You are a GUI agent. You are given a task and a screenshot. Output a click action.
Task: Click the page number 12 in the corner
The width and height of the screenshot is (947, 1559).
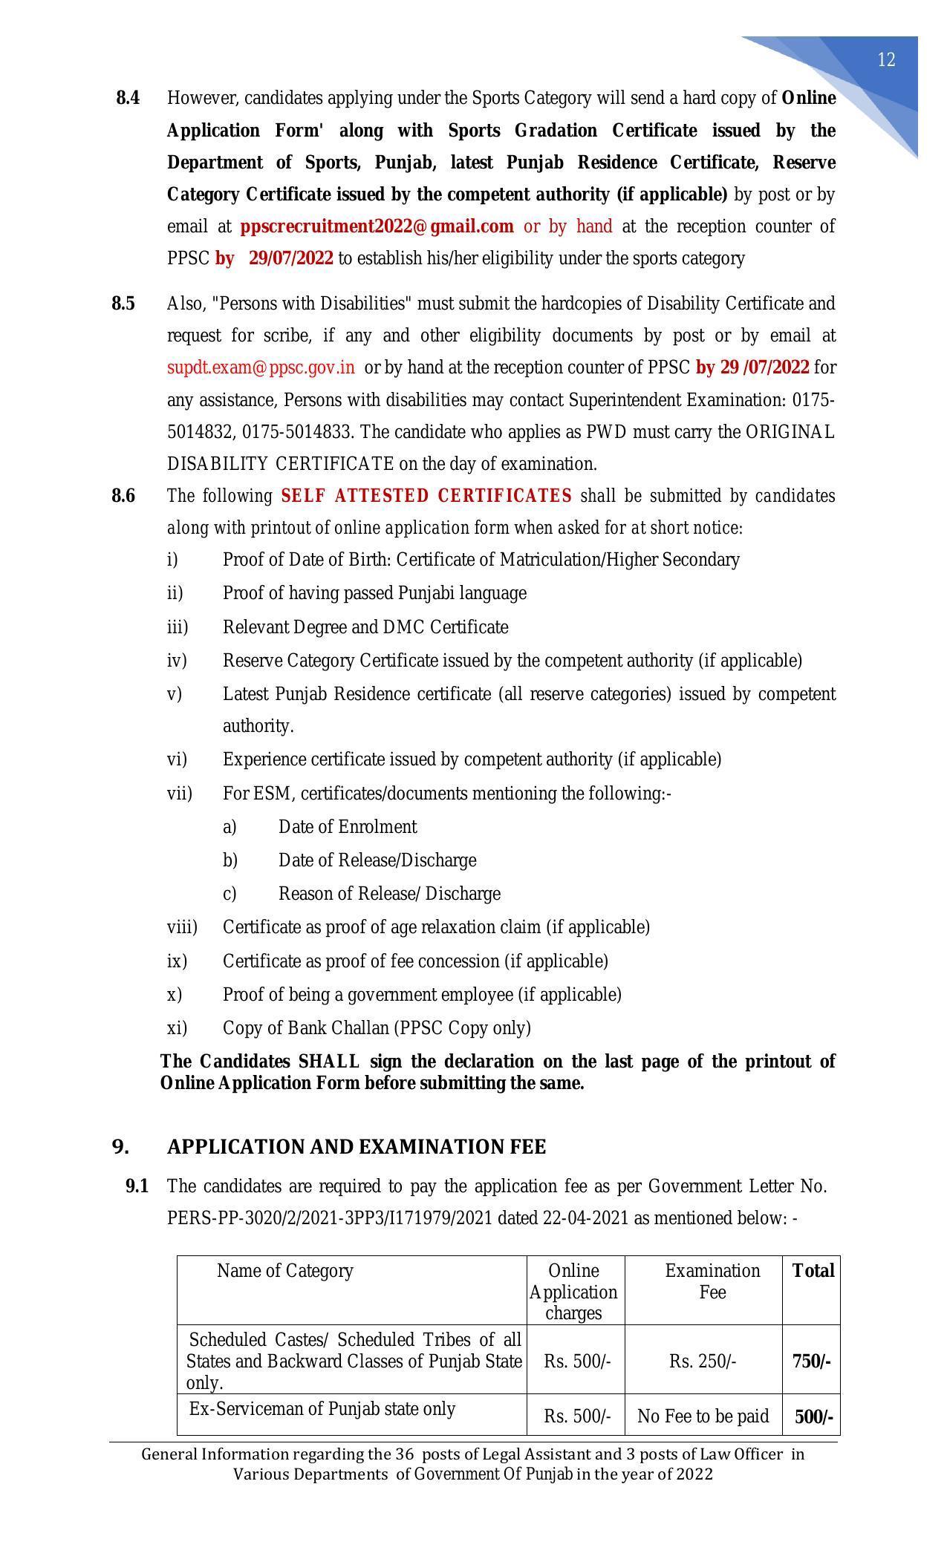click(x=886, y=60)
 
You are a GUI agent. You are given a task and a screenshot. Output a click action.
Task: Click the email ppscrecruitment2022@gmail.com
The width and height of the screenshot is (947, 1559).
click(x=377, y=226)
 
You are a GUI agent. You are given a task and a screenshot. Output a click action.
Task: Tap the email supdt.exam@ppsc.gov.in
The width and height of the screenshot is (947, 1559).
click(x=261, y=367)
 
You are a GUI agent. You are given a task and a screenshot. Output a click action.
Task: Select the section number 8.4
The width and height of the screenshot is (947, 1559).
click(x=128, y=98)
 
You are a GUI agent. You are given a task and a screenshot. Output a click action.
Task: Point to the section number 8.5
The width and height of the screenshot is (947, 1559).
click(x=123, y=304)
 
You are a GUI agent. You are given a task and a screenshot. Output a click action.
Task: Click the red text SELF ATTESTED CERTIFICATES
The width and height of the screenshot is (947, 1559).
click(x=426, y=496)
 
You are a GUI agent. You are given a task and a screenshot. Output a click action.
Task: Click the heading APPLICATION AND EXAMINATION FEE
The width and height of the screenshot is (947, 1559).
click(x=357, y=1147)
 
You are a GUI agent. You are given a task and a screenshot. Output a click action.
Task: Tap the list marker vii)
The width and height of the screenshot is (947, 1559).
click(x=179, y=794)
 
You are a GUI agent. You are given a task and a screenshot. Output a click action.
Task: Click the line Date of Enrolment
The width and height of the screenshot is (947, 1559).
click(x=348, y=827)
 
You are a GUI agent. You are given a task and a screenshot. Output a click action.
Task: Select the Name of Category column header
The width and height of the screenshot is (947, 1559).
click(x=284, y=1271)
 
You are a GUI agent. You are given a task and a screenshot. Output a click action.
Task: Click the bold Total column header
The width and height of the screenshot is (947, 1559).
click(x=813, y=1271)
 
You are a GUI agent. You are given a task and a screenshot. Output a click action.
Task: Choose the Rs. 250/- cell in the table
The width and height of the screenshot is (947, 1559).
click(x=703, y=1362)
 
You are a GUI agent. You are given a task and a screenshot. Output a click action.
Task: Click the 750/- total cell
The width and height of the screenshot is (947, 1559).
click(x=811, y=1362)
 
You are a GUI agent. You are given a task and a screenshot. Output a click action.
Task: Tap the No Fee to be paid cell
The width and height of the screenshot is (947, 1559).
click(x=703, y=1416)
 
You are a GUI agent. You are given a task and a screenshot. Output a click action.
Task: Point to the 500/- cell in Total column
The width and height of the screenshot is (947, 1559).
click(x=813, y=1417)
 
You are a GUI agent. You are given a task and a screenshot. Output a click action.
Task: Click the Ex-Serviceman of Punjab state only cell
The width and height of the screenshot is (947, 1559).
click(x=322, y=1409)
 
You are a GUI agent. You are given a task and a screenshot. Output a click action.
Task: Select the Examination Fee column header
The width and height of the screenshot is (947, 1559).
click(x=712, y=1281)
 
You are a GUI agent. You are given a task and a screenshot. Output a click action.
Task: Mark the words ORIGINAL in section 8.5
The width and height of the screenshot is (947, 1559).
click(x=790, y=432)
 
